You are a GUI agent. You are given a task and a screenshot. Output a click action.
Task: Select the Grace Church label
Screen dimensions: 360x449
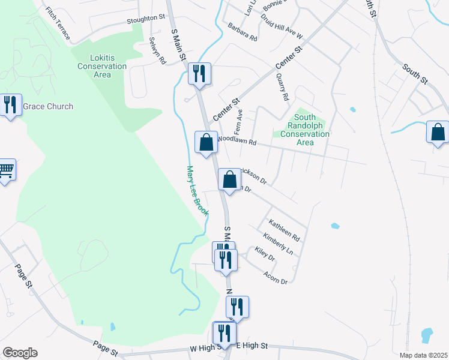tap(48, 106)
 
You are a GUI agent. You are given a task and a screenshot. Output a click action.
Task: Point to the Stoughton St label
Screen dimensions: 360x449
tap(145, 19)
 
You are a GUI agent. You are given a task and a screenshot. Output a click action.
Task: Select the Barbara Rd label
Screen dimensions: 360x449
tap(243, 32)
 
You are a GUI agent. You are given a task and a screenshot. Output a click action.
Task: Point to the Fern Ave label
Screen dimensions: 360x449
tap(238, 121)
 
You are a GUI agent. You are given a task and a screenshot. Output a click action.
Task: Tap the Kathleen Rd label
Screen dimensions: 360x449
tap(284, 230)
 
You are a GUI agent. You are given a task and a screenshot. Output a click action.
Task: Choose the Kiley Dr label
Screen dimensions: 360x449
tap(264, 254)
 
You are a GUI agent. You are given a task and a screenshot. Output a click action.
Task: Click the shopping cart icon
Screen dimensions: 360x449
tap(6, 170)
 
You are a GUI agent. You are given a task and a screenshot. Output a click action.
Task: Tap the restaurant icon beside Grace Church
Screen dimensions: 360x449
tap(10, 105)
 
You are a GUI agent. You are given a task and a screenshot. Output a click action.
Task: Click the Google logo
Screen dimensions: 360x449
tap(19, 353)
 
